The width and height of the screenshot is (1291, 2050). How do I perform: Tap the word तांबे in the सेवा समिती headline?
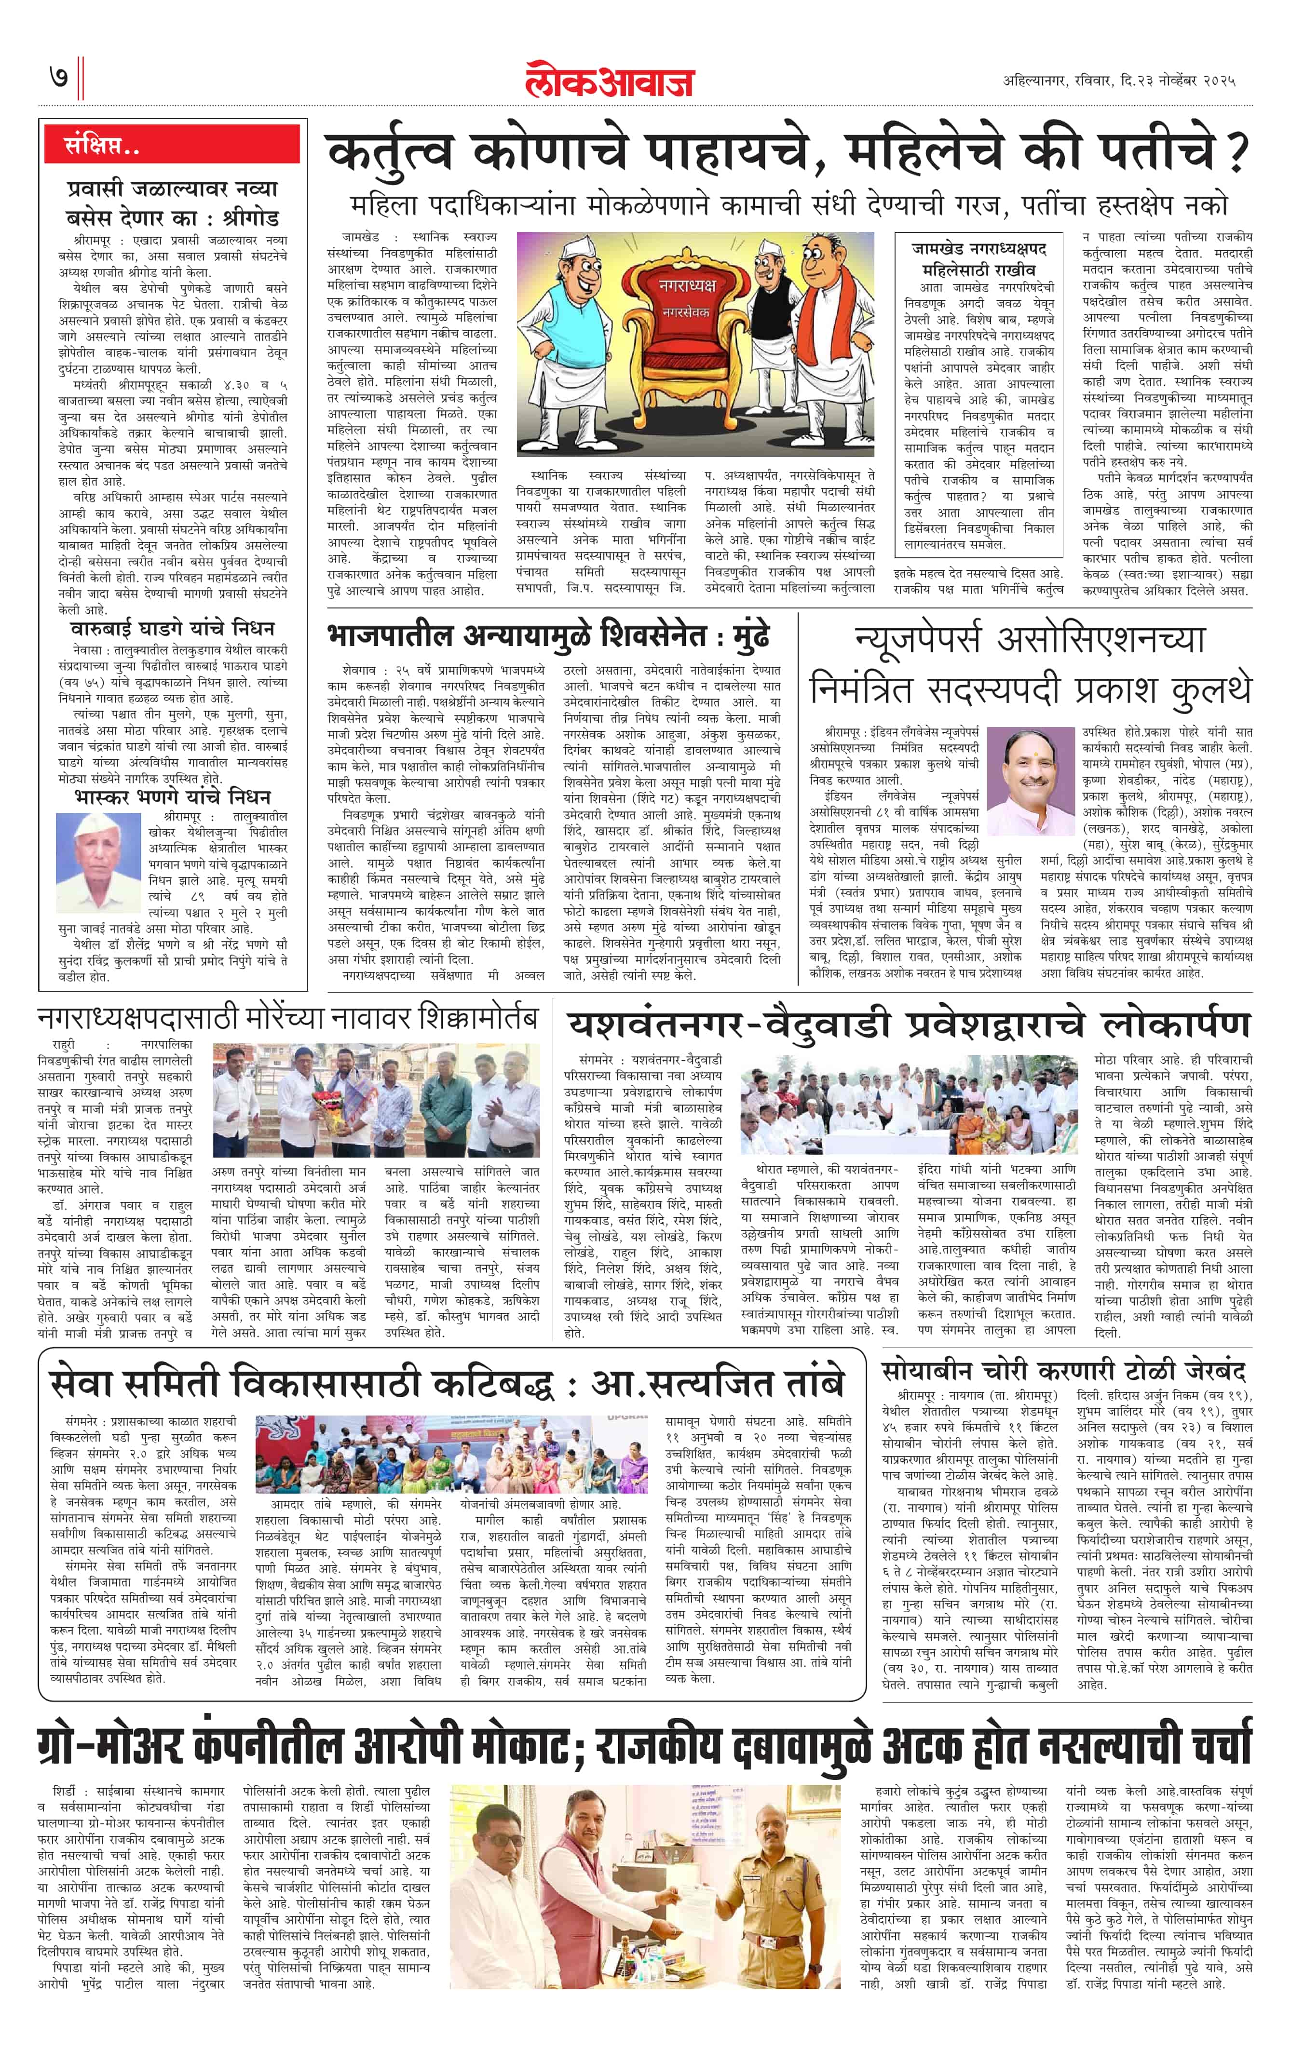coord(805,1383)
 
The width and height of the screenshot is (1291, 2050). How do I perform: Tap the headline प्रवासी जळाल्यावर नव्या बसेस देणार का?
coord(172,202)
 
